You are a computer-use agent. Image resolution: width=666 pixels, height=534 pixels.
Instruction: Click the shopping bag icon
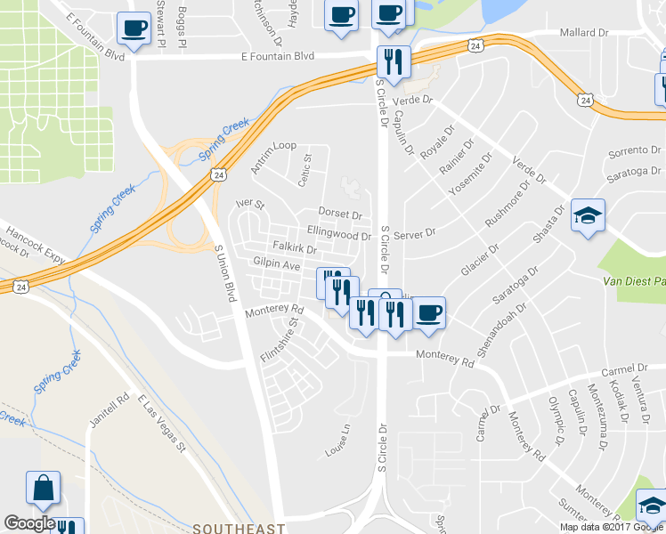point(43,488)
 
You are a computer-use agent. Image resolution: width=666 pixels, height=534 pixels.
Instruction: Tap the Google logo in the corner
point(29,523)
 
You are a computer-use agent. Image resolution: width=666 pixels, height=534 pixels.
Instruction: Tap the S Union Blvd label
point(224,271)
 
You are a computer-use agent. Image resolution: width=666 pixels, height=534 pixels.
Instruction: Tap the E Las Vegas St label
point(161,426)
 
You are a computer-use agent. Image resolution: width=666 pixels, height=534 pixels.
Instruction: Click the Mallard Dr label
point(583,33)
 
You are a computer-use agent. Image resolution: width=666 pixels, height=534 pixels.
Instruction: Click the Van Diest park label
point(634,281)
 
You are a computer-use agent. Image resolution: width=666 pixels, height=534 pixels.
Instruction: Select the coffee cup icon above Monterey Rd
point(429,313)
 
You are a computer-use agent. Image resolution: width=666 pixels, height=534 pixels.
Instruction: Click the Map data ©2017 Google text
point(612,526)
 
